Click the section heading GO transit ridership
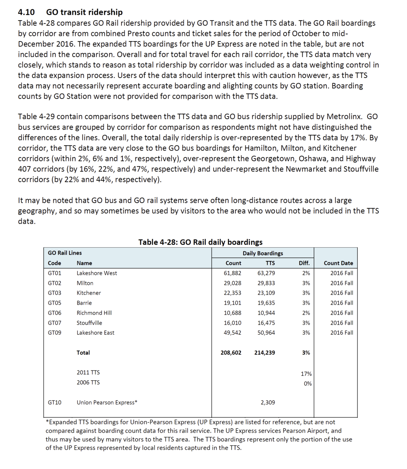pyautogui.click(x=84, y=12)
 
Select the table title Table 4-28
pyautogui.click(x=200, y=242)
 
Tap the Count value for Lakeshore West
pyautogui.click(x=233, y=273)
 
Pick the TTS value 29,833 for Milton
pyautogui.click(x=266, y=283)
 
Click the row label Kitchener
pyautogui.click(x=89, y=293)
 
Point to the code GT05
pyautogui.click(x=55, y=303)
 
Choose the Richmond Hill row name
pyautogui.click(x=94, y=313)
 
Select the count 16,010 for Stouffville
pyautogui.click(x=233, y=323)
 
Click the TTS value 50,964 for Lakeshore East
pyautogui.click(x=266, y=333)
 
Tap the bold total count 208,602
pyautogui.click(x=231, y=352)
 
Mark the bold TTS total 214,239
pyautogui.click(x=264, y=352)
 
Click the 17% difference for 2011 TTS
pyautogui.click(x=306, y=374)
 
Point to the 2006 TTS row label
pyautogui.click(x=88, y=382)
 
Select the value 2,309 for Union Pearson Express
pyautogui.click(x=268, y=402)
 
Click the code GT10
pyautogui.click(x=55, y=402)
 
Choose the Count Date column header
pyautogui.click(x=338, y=263)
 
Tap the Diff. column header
pyautogui.click(x=304, y=263)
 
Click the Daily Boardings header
pyautogui.click(x=263, y=253)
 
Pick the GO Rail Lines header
pyautogui.click(x=65, y=253)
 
